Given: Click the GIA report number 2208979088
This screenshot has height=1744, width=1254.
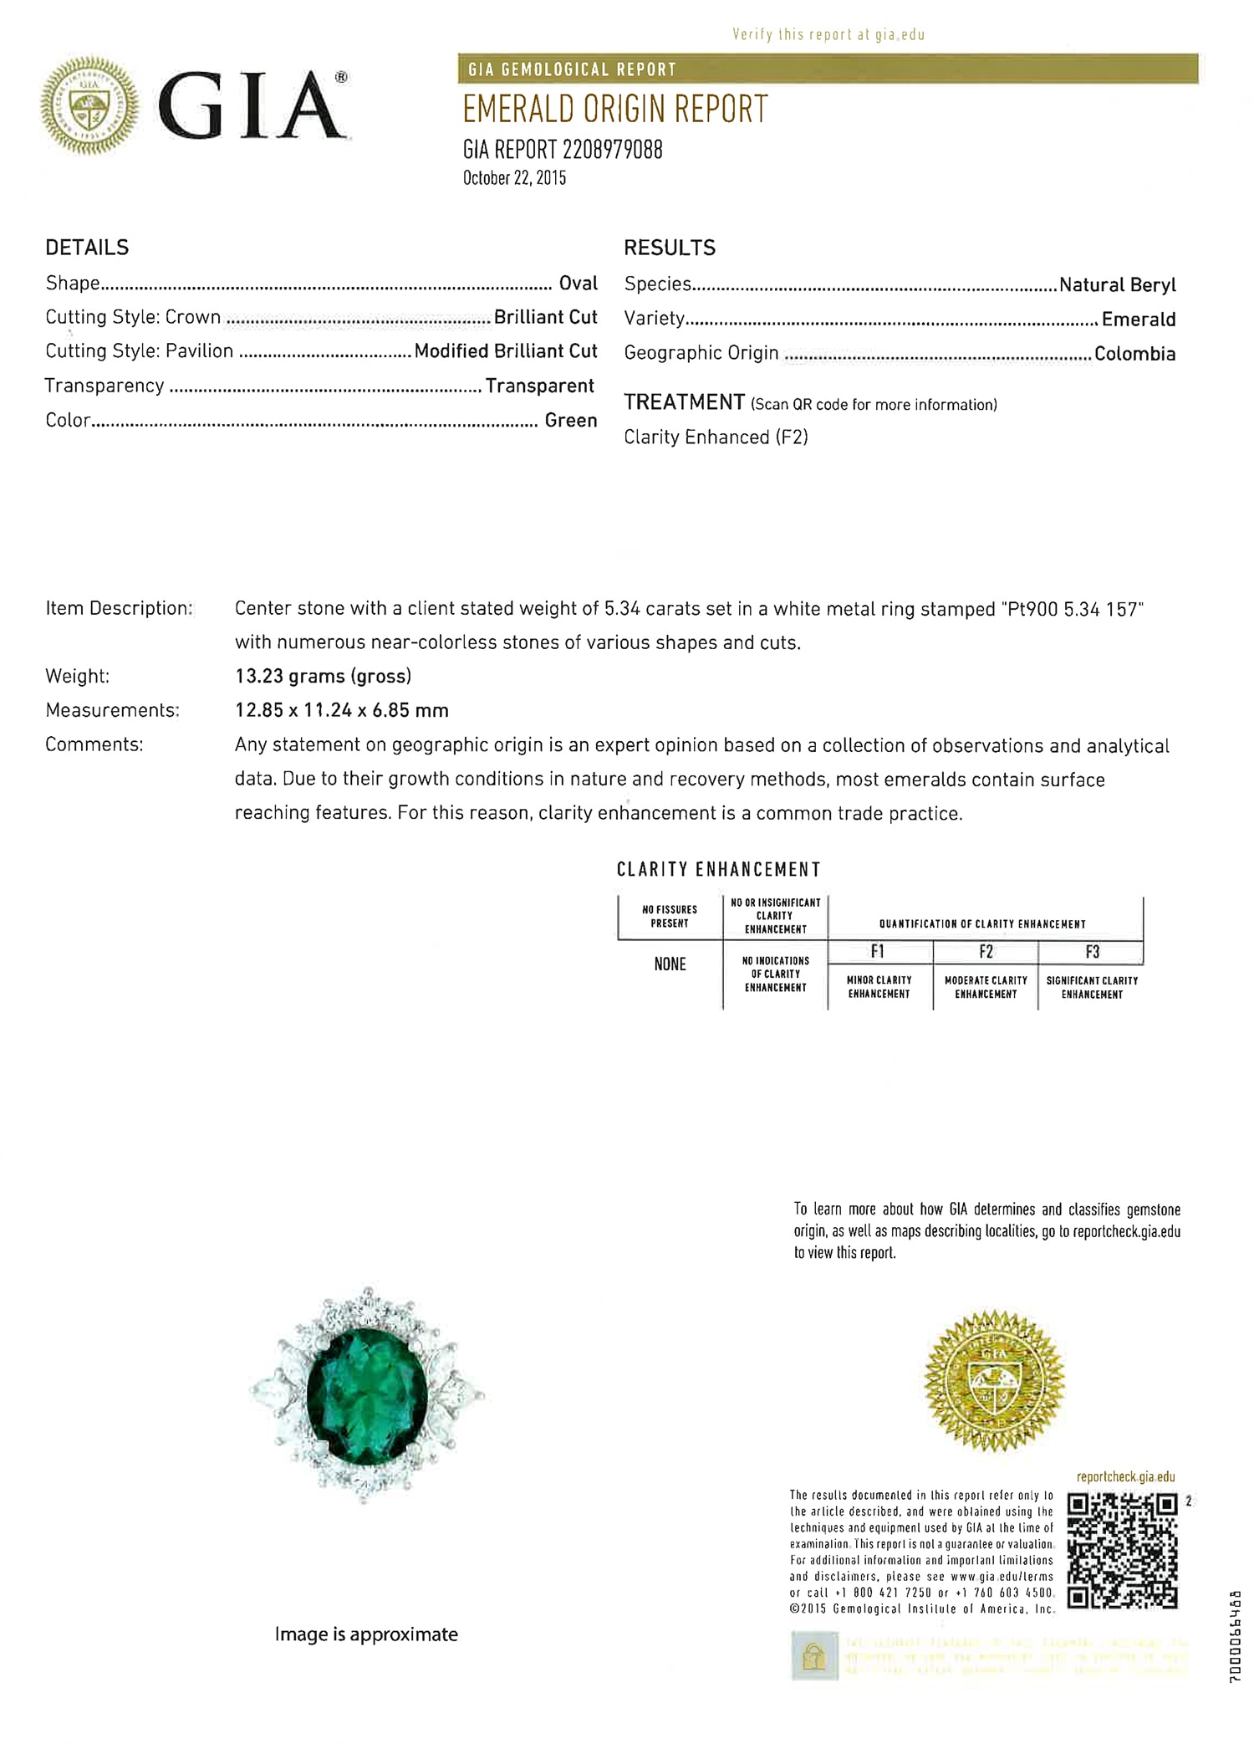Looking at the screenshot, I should click(612, 150).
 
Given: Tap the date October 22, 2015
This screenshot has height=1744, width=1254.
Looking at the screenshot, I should click(514, 178).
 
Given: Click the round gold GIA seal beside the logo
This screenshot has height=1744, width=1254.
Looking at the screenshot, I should click(89, 106).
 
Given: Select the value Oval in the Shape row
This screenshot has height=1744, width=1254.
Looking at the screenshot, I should click(578, 283).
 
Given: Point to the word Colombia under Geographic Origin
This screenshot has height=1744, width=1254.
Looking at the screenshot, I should click(1134, 354).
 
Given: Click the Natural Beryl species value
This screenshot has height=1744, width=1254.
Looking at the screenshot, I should click(1117, 284).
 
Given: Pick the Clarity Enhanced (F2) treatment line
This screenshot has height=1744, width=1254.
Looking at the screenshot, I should click(716, 437).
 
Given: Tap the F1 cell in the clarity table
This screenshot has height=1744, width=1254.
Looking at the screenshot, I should click(878, 952).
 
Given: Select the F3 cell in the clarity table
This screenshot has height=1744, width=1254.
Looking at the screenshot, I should click(1092, 952).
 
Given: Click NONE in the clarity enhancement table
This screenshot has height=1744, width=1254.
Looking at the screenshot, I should click(670, 964).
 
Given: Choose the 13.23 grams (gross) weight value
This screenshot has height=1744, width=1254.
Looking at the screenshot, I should click(323, 676).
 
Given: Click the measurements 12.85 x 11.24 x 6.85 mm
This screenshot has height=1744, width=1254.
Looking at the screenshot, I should click(341, 710).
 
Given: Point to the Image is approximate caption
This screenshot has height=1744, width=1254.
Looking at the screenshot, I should click(366, 1634).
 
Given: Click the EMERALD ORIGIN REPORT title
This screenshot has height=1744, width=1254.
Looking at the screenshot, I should click(614, 110).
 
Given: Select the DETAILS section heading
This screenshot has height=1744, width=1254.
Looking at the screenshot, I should click(87, 248).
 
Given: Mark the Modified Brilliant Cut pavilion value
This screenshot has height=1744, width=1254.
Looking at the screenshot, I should click(506, 351).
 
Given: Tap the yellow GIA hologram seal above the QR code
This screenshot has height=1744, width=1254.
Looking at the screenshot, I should click(994, 1382).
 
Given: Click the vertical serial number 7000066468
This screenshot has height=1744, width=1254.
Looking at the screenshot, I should click(1236, 1635).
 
